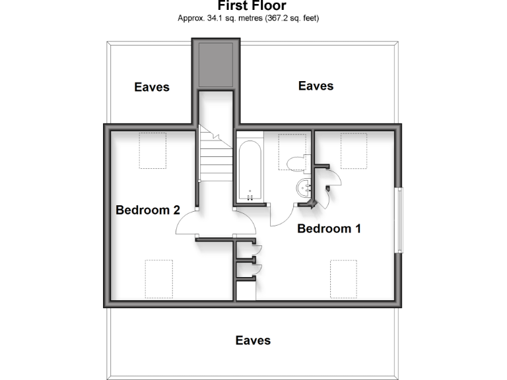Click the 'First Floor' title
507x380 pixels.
click(x=252, y=6)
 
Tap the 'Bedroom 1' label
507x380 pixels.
click(x=329, y=229)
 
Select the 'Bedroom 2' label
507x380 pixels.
click(x=148, y=210)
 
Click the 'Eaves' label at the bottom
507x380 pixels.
click(x=253, y=340)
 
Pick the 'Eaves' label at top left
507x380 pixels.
click(x=152, y=87)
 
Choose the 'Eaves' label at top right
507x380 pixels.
click(x=316, y=86)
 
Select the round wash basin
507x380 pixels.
click(x=305, y=187)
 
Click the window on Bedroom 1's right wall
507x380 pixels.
click(x=398, y=220)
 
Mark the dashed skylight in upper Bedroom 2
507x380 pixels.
click(x=152, y=150)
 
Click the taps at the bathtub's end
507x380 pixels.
click(x=251, y=196)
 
